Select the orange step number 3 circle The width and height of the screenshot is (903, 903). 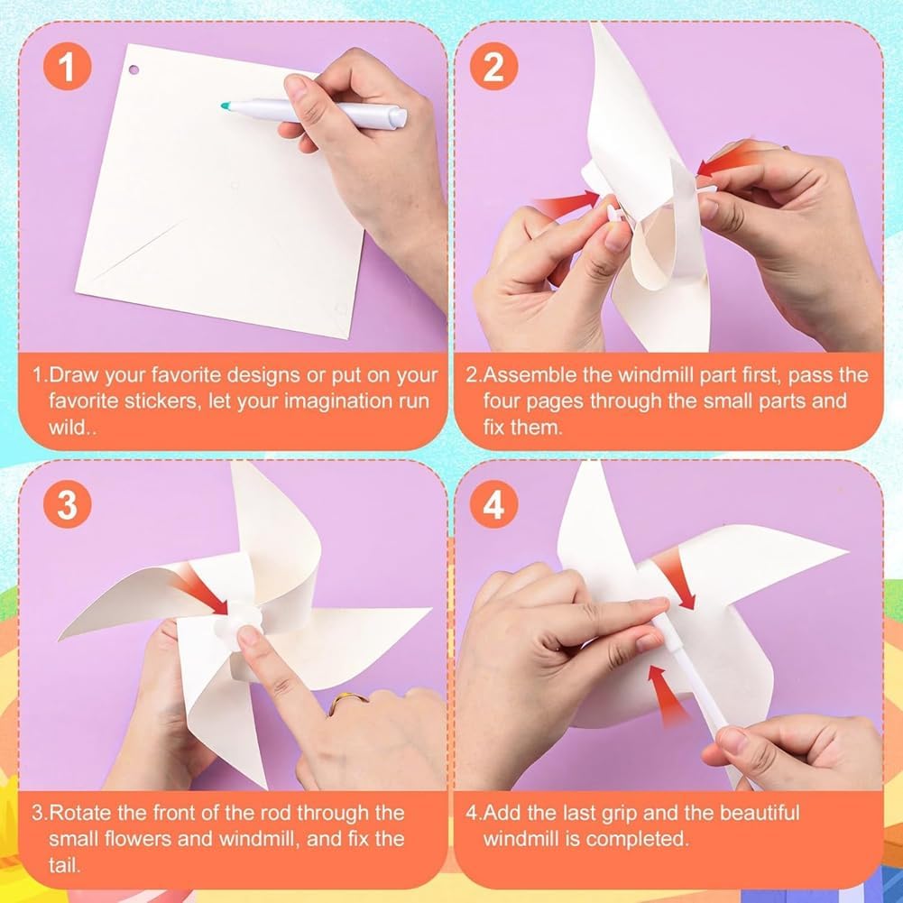click(68, 504)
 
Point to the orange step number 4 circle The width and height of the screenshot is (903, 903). click(493, 504)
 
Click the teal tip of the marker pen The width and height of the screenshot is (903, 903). click(226, 106)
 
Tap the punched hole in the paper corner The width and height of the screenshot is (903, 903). click(134, 70)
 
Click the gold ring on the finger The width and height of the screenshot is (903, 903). click(347, 703)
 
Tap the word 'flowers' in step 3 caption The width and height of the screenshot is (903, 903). click(135, 839)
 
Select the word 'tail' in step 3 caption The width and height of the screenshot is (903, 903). click(64, 865)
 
